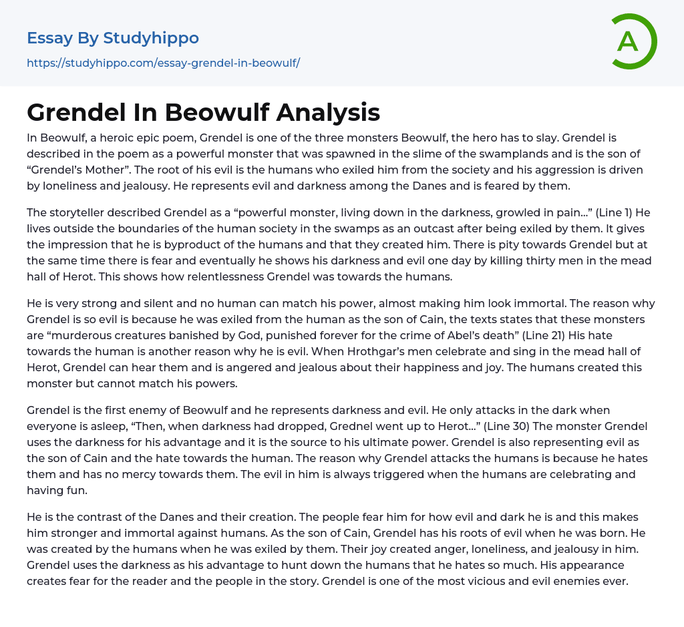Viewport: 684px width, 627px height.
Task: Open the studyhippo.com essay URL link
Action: pyautogui.click(x=163, y=63)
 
